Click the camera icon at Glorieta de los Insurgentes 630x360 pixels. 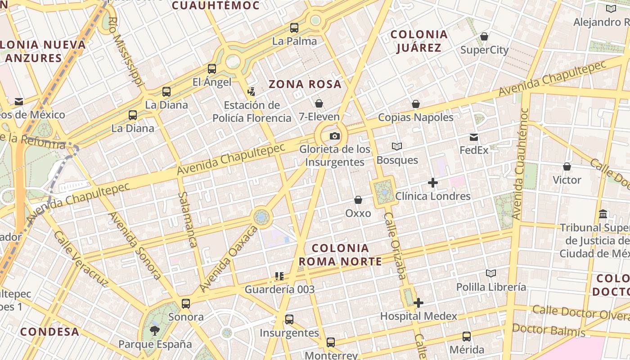[x=335, y=136]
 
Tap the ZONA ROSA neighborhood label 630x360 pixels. [x=305, y=84]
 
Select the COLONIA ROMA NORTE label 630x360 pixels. [x=340, y=255]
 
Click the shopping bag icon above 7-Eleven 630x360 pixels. [x=319, y=104]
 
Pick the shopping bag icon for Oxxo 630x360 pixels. [x=358, y=200]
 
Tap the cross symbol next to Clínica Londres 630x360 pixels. [x=433, y=183]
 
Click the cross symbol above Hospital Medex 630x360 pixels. [x=418, y=303]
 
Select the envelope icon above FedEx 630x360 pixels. [x=474, y=137]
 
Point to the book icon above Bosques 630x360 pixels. [x=397, y=147]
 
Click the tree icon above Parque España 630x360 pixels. [x=154, y=331]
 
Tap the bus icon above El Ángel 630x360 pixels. [x=212, y=69]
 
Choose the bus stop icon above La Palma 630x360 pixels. [x=294, y=28]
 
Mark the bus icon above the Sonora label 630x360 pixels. [x=186, y=304]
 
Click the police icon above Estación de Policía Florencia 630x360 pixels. [x=252, y=92]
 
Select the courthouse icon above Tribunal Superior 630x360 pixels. [x=603, y=214]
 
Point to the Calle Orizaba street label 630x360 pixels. [x=395, y=247]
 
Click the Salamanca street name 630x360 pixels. [x=188, y=220]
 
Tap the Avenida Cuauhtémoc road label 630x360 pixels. [x=522, y=164]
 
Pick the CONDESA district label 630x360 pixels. [x=49, y=332]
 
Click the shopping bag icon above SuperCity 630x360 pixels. [x=484, y=36]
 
